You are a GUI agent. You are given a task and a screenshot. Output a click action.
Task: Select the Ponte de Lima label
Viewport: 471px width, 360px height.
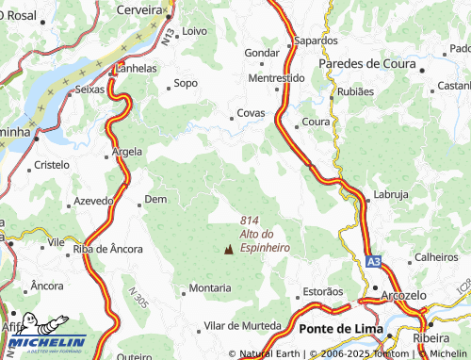(x=338, y=328)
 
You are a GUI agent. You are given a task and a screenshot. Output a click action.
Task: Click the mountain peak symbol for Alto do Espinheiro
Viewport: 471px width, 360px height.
(x=228, y=249)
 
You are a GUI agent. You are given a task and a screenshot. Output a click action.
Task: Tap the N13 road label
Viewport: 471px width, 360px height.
(x=167, y=38)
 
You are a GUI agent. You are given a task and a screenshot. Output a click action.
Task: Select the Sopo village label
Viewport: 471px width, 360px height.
(x=186, y=83)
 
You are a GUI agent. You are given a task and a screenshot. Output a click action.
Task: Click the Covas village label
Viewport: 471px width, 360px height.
(x=251, y=114)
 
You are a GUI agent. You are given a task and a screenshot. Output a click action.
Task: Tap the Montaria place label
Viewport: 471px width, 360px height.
(x=210, y=287)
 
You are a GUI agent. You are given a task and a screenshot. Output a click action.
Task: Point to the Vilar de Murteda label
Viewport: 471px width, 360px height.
(x=242, y=325)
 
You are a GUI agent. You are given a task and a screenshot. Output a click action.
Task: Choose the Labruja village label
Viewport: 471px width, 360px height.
(x=392, y=194)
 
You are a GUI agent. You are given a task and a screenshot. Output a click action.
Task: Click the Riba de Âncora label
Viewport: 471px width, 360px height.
(x=108, y=249)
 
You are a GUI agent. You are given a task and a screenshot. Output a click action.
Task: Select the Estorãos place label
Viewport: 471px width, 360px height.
(x=321, y=291)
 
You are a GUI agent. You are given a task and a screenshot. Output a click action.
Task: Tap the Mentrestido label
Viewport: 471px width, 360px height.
(x=276, y=77)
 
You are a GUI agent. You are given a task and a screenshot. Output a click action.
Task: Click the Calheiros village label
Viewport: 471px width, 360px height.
(x=436, y=256)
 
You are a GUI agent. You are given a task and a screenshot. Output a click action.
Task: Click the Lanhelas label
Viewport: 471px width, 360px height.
(x=135, y=68)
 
